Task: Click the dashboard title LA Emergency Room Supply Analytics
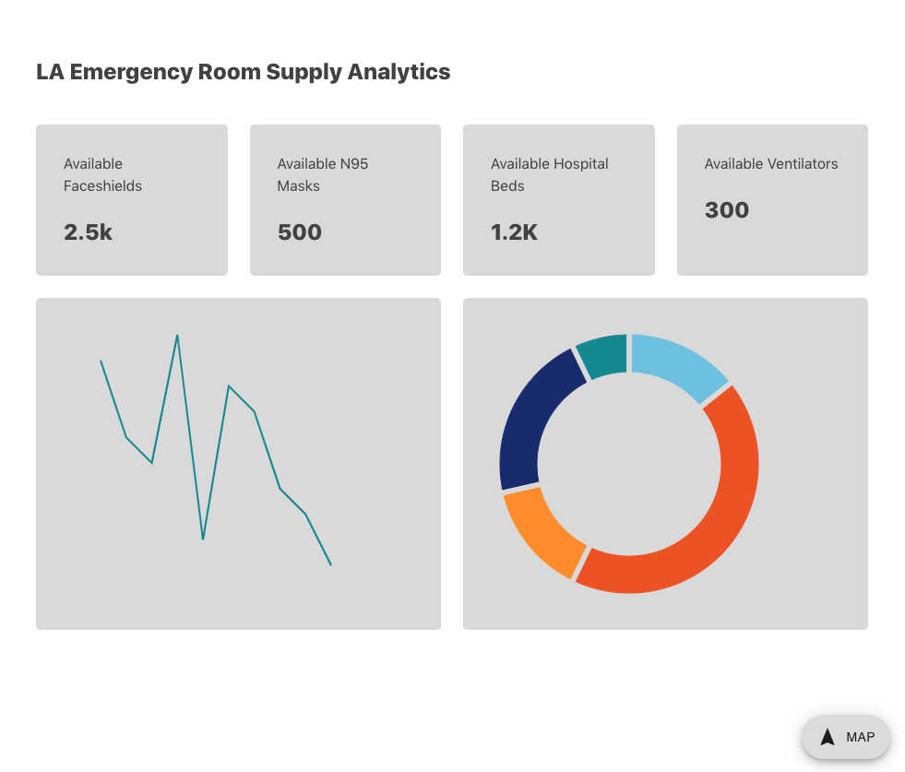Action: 243,72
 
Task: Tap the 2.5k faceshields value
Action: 88,232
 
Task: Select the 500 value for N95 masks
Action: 300,232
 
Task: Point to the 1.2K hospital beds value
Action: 514,232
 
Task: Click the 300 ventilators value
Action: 727,210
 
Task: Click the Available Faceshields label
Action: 102,174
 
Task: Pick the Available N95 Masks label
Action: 323,174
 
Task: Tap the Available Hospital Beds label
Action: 549,174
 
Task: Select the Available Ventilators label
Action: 771,164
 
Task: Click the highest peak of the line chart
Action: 177,336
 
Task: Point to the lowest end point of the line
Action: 330,564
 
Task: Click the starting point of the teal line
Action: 101,361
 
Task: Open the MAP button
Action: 846,737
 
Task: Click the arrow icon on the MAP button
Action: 828,737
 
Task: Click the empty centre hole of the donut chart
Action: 629,464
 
